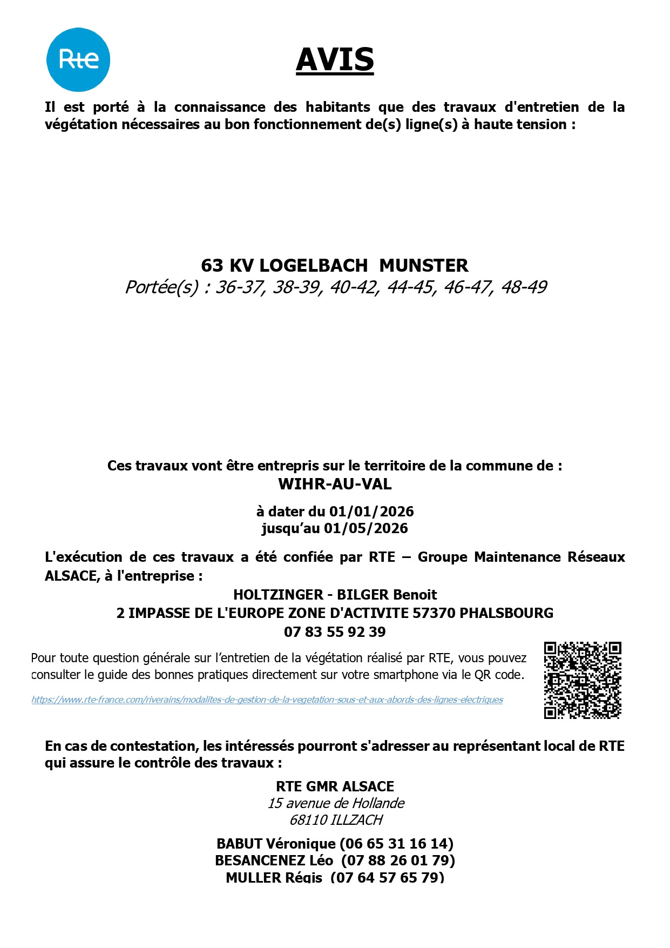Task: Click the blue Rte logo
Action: click(78, 59)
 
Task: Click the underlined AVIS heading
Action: click(335, 60)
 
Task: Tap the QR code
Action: click(582, 680)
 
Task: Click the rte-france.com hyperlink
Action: click(267, 700)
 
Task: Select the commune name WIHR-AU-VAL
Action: click(335, 484)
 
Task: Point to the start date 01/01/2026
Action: click(371, 512)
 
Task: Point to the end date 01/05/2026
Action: click(366, 528)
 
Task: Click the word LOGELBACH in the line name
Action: click(314, 266)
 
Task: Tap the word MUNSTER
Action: click(424, 266)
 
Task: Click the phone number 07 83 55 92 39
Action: click(335, 632)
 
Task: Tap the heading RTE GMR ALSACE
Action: click(335, 786)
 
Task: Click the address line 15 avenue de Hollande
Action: click(336, 803)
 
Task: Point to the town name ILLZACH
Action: click(356, 820)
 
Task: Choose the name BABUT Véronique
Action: click(276, 844)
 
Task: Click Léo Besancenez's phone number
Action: click(398, 860)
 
